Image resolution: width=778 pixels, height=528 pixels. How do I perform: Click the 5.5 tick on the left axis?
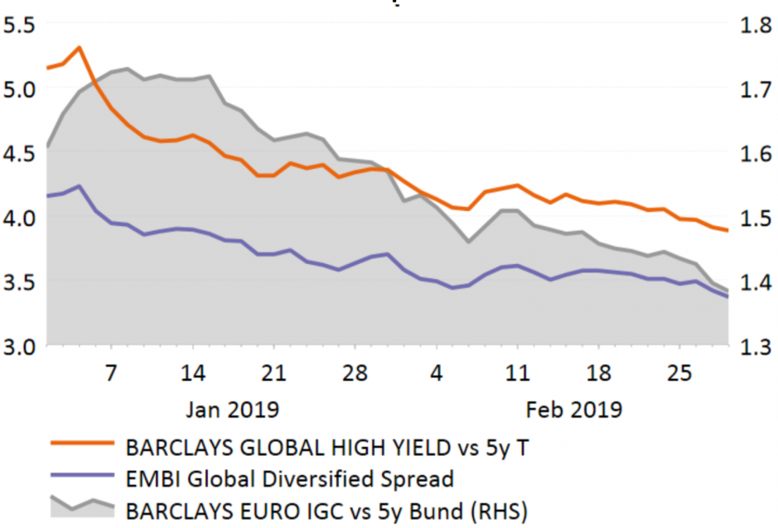pos(20,25)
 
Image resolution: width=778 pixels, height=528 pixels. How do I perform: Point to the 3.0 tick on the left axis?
pos(20,346)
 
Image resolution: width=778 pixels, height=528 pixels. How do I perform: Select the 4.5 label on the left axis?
pos(20,154)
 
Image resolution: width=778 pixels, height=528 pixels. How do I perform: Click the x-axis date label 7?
pos(111,372)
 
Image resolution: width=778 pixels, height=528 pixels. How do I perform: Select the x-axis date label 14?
pos(192,372)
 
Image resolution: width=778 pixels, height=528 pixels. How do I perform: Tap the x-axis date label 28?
pos(355,372)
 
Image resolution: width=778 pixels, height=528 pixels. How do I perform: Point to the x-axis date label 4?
pos(435,372)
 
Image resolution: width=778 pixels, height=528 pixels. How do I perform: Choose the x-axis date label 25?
pos(679,372)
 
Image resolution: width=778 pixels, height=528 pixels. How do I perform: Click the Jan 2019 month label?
pos(233,409)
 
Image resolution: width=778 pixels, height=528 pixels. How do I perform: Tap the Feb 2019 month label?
pos(575,409)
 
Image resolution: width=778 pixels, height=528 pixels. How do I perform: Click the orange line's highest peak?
pos(79,47)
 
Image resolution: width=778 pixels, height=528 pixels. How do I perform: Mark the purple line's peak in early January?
pos(79,186)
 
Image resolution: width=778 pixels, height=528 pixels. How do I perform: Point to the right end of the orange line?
pos(727,230)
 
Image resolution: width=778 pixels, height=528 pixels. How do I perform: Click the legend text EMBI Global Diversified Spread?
pos(289,478)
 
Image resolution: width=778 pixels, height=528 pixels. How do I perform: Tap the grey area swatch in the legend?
pos(80,506)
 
